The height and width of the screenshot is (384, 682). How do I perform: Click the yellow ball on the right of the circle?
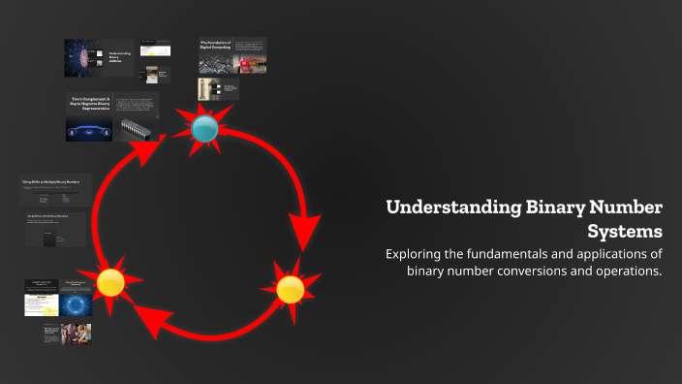click(x=290, y=289)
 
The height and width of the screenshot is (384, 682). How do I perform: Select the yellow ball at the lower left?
click(x=110, y=282)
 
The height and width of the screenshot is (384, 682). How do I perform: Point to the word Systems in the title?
click(x=625, y=232)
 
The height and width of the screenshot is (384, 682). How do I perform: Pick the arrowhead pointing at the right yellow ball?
click(x=306, y=233)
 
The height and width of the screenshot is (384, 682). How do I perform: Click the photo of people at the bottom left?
click(x=75, y=335)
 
